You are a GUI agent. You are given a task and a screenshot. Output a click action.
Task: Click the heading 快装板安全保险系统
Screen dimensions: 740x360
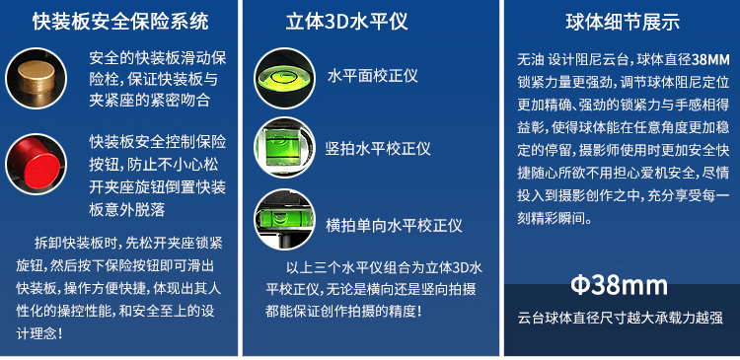tap(120, 22)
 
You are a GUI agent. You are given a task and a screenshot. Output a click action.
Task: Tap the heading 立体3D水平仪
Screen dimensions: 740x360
tap(347, 22)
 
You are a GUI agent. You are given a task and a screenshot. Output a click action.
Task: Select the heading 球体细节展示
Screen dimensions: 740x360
tap(623, 22)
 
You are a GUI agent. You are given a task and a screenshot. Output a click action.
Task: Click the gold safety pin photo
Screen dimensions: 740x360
tap(36, 78)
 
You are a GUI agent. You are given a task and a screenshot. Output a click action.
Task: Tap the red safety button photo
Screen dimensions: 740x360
tap(36, 164)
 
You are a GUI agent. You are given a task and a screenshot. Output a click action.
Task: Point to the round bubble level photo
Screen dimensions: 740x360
tap(284, 78)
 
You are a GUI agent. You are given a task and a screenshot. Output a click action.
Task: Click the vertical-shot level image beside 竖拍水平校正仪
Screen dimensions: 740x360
tap(284, 148)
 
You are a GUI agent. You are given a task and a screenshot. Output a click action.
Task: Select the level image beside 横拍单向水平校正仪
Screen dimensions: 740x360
tap(284, 219)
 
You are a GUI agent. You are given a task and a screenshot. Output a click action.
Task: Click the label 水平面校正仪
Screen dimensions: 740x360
tap(373, 76)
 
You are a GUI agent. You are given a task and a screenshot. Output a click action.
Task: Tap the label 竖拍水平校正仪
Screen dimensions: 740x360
tap(378, 149)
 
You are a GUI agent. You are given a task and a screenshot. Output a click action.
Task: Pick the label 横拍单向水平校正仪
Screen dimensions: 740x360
tap(394, 225)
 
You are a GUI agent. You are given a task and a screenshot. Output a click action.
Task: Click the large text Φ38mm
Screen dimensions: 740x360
tap(620, 285)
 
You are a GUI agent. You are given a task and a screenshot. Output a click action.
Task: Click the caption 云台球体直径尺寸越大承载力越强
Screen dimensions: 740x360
tap(621, 318)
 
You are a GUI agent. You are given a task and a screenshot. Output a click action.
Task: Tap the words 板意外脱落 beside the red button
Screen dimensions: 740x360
tap(127, 209)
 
